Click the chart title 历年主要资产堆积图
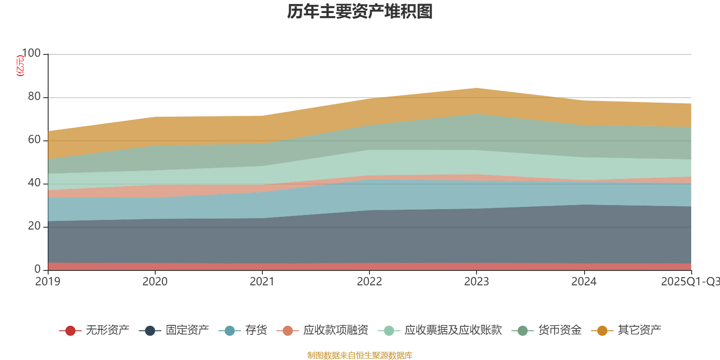point(360,12)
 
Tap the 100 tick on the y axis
point(31,54)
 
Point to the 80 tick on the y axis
point(34,97)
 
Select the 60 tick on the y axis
point(34,140)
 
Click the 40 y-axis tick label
point(34,183)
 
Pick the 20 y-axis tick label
point(34,226)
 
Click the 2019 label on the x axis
point(48,282)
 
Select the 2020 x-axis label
point(155,282)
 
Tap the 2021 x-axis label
point(262,282)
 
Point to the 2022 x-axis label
point(369,282)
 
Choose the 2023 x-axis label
point(477,282)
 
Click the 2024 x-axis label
point(584,282)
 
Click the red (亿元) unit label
point(20,66)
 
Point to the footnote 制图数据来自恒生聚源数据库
point(360,355)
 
